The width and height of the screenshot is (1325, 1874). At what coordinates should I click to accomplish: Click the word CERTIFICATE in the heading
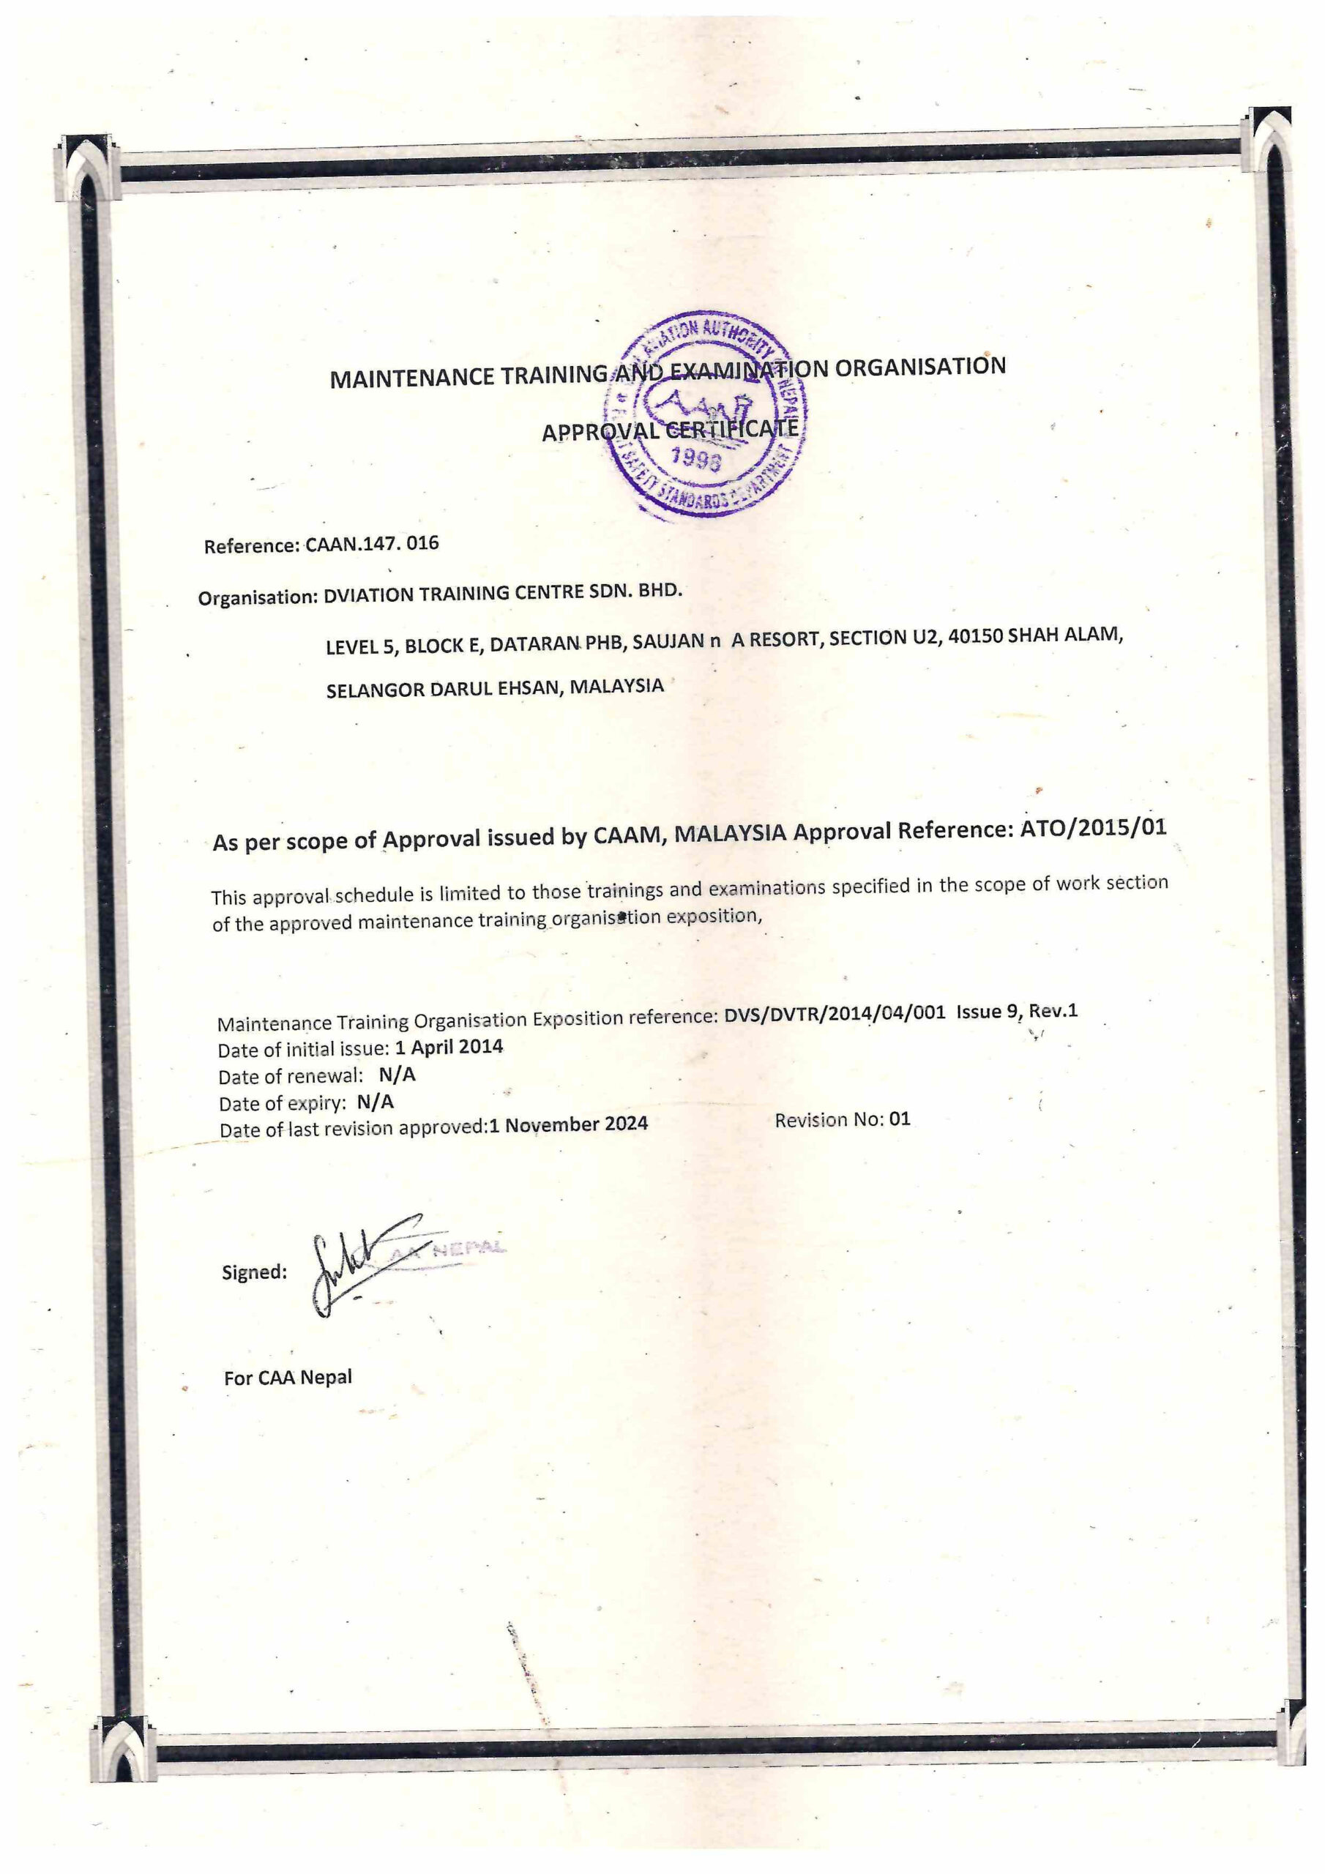tap(731, 428)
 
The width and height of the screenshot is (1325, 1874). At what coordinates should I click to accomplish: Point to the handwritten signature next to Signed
tap(359, 1263)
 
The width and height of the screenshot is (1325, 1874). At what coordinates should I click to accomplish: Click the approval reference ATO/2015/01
tap(1092, 828)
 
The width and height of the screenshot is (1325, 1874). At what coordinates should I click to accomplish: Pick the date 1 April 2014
tap(449, 1048)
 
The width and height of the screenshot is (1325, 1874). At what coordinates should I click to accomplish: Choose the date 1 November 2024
tap(568, 1124)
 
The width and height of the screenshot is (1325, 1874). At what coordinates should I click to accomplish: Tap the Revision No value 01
tap(899, 1119)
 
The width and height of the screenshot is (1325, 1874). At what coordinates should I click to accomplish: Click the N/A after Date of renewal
tap(397, 1074)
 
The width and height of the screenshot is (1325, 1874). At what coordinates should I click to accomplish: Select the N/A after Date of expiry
tap(376, 1102)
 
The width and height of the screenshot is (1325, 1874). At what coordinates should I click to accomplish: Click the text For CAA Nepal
tap(288, 1378)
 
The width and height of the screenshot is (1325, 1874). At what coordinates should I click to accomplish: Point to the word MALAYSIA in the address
tap(616, 686)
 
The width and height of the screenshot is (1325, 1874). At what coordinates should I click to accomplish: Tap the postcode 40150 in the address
tap(976, 636)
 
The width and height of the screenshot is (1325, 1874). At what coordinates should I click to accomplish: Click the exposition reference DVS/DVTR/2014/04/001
tap(835, 1014)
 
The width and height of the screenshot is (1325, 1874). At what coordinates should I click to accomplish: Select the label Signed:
tap(254, 1272)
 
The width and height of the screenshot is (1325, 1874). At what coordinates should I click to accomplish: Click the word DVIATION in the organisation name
tap(369, 594)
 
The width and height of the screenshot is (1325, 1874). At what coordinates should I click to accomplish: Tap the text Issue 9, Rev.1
tap(1016, 1010)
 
